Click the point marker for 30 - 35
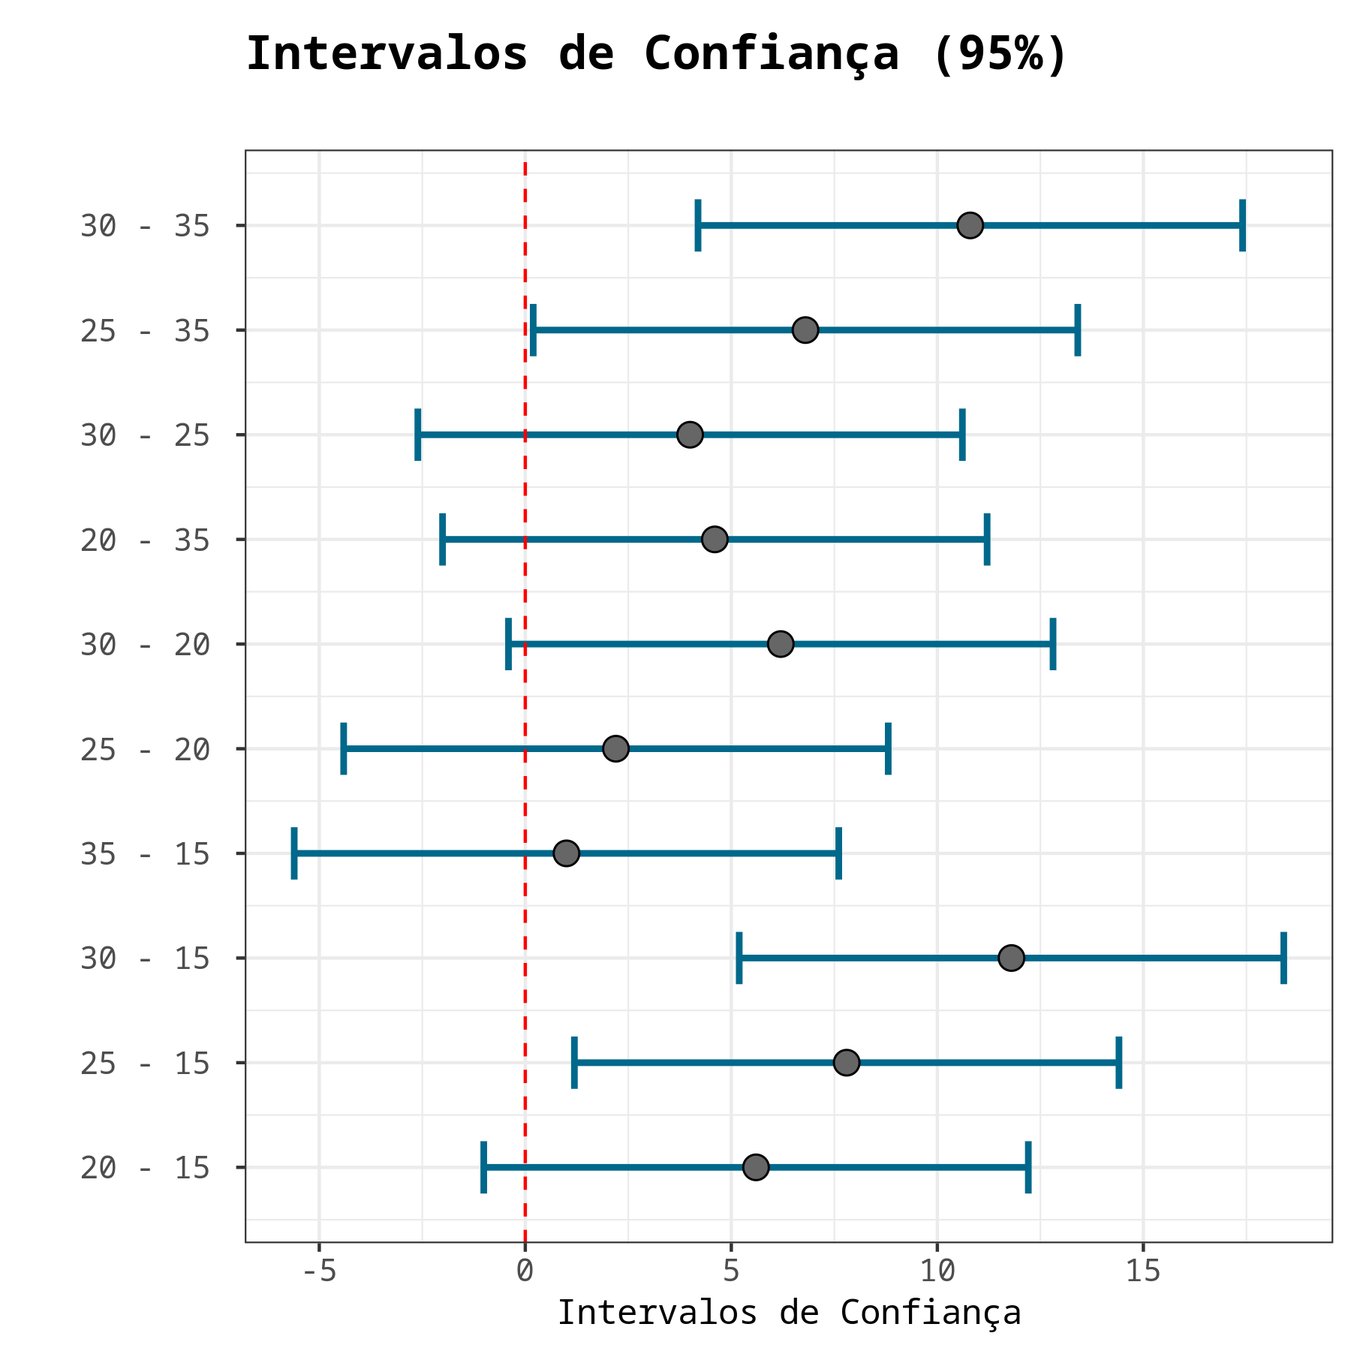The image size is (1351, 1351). click(x=970, y=225)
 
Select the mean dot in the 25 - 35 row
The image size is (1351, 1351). click(x=805, y=330)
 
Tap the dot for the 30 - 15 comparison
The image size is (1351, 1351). click(x=1011, y=958)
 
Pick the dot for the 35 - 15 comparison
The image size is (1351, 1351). click(x=566, y=853)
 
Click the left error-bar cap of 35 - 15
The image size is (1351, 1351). click(x=294, y=853)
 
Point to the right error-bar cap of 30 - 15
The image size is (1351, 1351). click(x=1283, y=958)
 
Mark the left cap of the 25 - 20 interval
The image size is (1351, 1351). click(x=344, y=748)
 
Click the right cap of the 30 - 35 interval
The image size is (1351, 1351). click(x=1242, y=225)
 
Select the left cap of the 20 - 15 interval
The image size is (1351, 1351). click(x=483, y=1167)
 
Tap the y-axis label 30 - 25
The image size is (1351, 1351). click(x=145, y=435)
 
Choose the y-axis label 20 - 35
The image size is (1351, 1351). click(x=145, y=540)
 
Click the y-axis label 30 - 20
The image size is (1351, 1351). click(x=145, y=645)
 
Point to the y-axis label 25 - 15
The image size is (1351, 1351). click(x=145, y=1064)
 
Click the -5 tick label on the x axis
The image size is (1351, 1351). click(x=318, y=1271)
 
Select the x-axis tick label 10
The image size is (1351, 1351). click(x=937, y=1271)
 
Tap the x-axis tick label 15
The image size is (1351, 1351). click(x=1143, y=1271)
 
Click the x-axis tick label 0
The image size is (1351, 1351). click(x=525, y=1271)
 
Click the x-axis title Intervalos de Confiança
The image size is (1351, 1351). click(x=789, y=1313)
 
